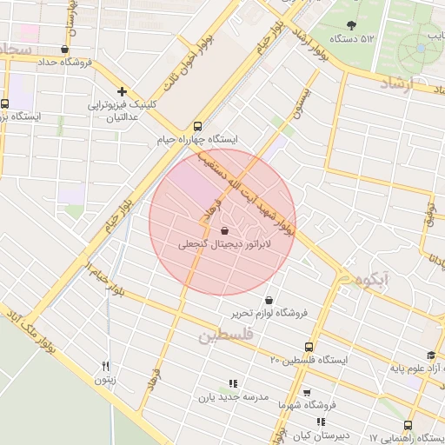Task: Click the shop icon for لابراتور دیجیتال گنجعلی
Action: pos(225,230)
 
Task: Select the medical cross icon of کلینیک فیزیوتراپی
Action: pos(123,91)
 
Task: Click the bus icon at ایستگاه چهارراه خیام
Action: pos(198,125)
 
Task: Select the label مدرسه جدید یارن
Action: pos(230,397)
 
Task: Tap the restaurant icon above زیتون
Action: pos(106,366)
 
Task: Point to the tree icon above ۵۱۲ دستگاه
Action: pos(351,25)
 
